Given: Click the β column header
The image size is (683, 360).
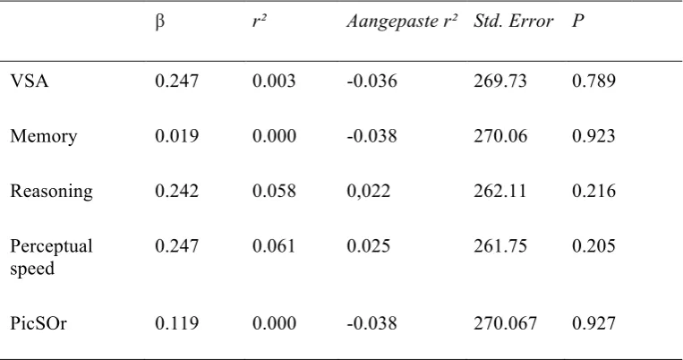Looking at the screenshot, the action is (x=160, y=21).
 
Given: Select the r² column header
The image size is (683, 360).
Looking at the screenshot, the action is (x=260, y=21).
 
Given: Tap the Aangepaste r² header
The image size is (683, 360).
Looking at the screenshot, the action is (x=402, y=21).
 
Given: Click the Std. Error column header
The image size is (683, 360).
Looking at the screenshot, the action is (x=513, y=21).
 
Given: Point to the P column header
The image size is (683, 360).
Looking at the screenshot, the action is (x=577, y=21).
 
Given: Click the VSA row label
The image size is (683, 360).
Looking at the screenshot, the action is (x=30, y=81).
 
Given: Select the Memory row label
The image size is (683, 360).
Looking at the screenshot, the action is (x=44, y=136).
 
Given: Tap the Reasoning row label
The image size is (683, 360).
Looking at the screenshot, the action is (x=51, y=192).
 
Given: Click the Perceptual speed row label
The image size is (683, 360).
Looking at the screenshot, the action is (x=51, y=257).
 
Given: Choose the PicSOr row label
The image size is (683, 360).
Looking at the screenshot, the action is (x=38, y=323).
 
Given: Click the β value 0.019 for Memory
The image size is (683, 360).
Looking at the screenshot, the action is (x=177, y=136).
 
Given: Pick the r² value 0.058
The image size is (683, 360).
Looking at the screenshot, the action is (x=274, y=191).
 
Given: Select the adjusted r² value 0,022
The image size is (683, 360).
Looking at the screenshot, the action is (x=369, y=192).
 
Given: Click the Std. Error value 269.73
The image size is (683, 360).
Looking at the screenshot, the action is (x=500, y=81).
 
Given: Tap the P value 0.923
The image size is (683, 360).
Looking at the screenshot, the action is (x=593, y=136).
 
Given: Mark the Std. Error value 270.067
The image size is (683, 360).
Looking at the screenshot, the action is (x=505, y=323).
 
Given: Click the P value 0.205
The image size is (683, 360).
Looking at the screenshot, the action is (x=593, y=245).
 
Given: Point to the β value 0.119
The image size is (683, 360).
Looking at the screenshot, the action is (x=177, y=323).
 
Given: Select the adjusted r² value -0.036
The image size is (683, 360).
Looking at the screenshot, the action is (x=372, y=81).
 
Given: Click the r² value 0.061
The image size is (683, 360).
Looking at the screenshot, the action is (x=274, y=245).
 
